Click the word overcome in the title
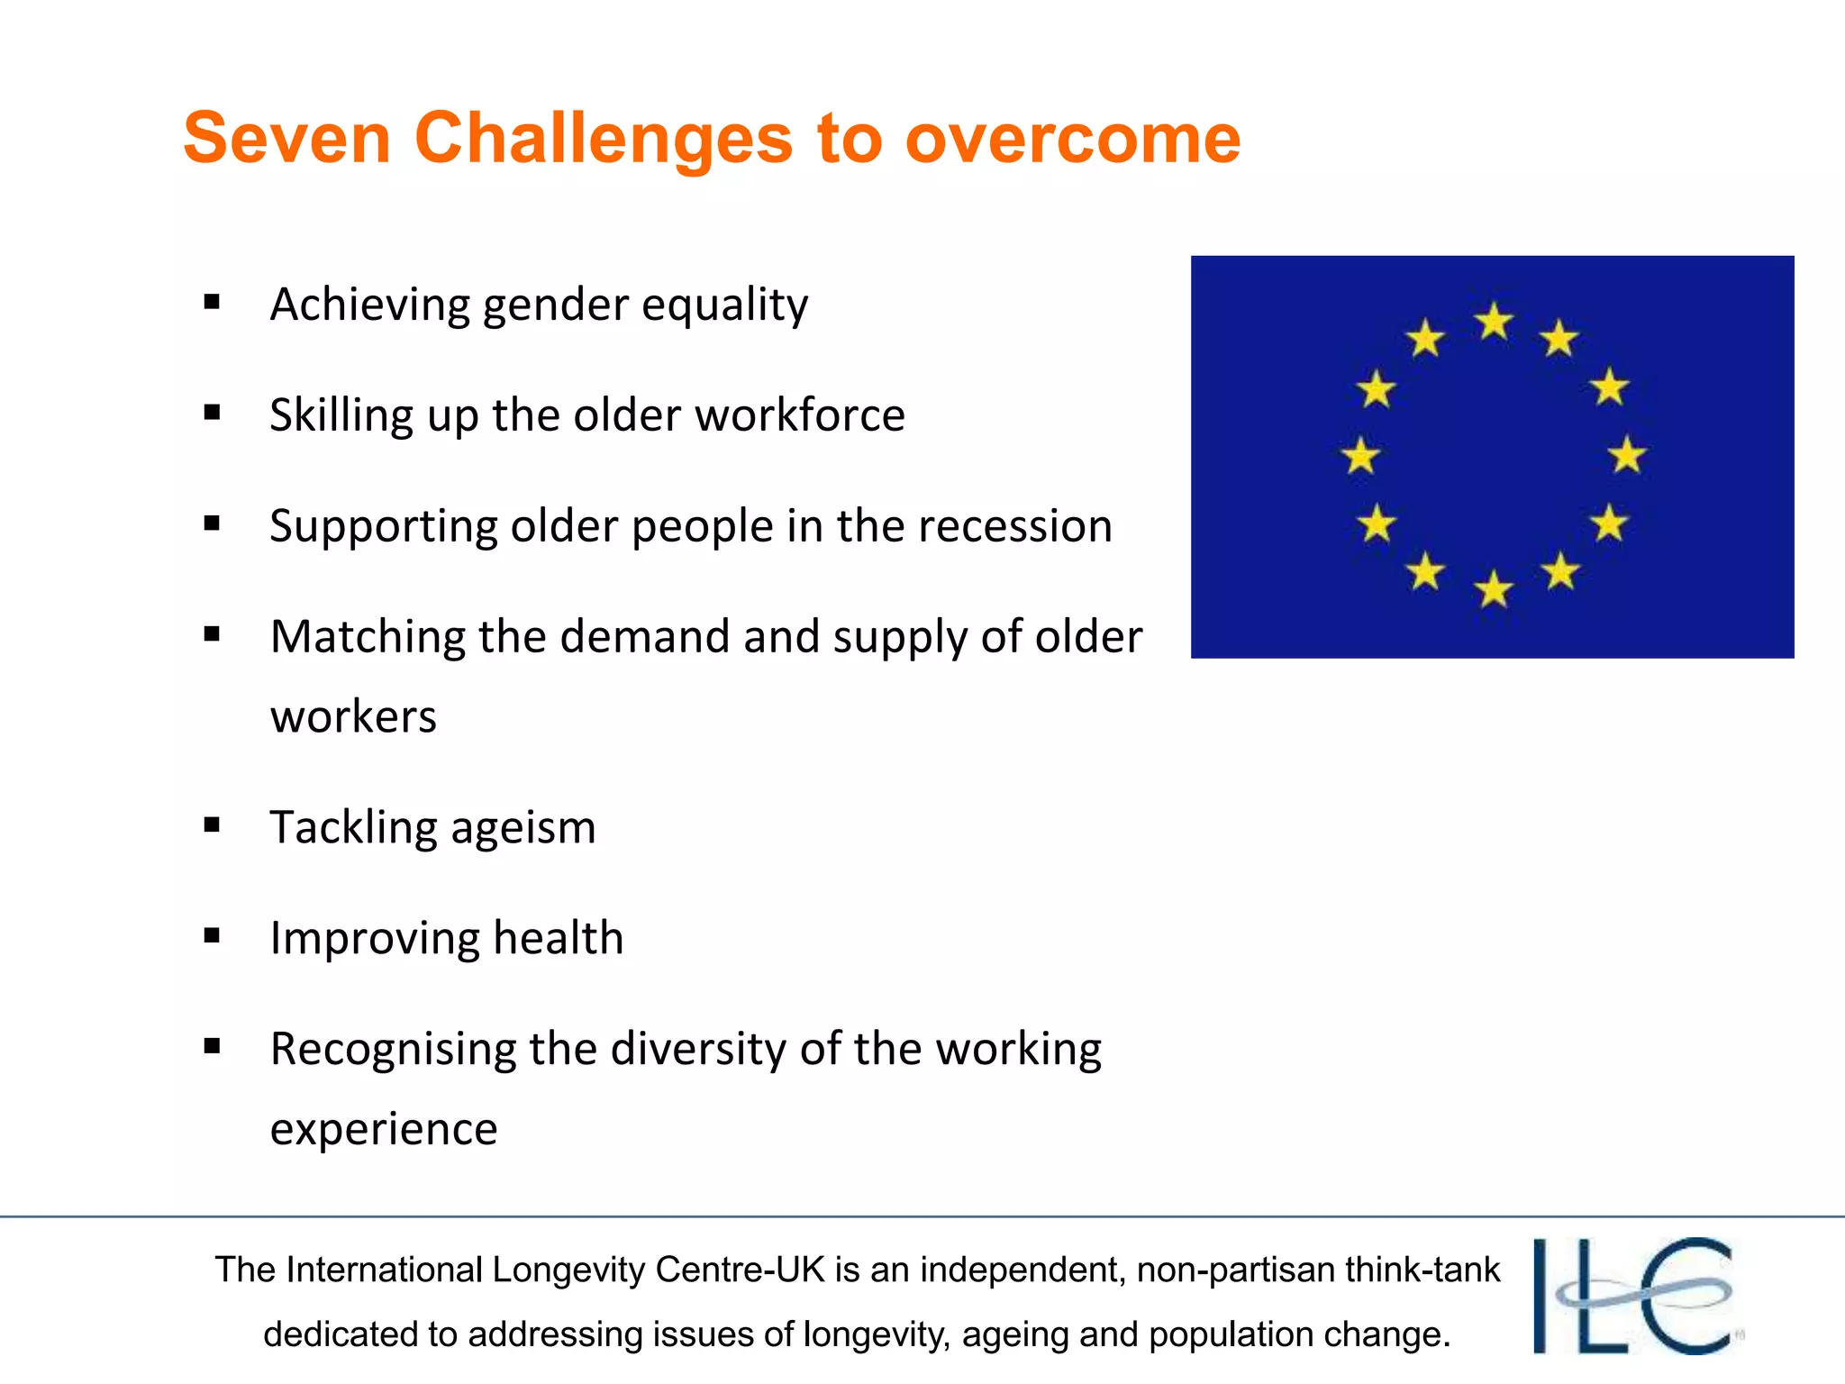(1072, 140)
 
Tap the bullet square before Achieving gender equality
(212, 303)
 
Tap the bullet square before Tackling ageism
(212, 825)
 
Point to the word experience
(384, 1130)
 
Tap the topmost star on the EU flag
(1494, 322)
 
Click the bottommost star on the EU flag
(1494, 590)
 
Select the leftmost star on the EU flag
(1360, 456)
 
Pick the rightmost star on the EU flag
(1627, 455)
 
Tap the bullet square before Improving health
(212, 936)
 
